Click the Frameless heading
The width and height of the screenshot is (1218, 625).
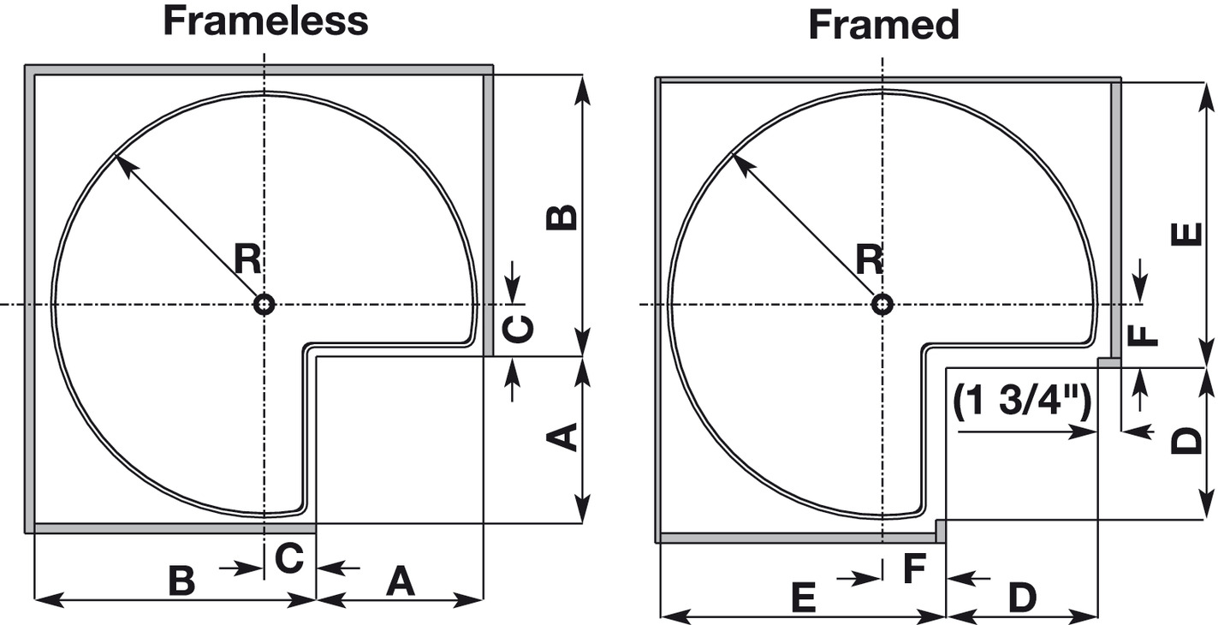[x=265, y=21]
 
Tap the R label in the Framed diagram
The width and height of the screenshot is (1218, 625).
[x=870, y=259]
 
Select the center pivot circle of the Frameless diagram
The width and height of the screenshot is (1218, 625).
[x=264, y=305]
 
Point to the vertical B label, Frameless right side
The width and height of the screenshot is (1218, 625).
[x=562, y=217]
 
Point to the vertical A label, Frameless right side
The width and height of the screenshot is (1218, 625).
[x=562, y=438]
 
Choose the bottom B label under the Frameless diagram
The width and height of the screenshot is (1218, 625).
[x=181, y=581]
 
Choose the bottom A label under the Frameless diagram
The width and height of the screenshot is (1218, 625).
[x=400, y=581]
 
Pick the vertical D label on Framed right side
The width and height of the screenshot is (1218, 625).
[x=1186, y=442]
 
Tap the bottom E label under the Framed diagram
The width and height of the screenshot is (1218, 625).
[x=802, y=598]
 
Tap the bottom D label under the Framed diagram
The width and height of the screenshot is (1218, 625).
[x=1022, y=598]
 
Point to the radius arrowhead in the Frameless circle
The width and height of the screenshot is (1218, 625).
[x=122, y=163]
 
